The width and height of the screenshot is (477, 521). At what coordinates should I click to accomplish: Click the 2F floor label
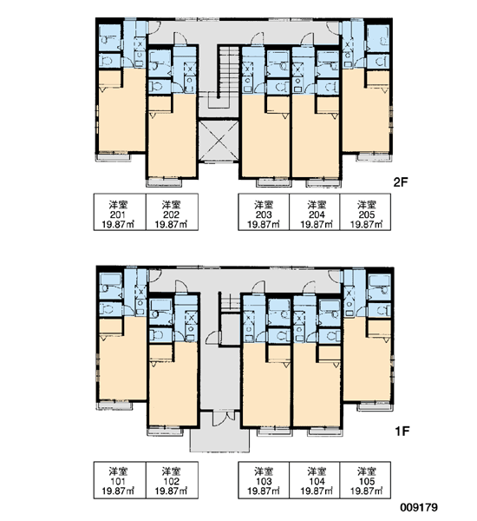(x=400, y=182)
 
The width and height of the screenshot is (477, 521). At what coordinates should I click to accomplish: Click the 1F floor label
(x=402, y=431)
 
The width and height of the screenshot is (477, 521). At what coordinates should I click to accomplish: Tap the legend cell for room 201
(x=120, y=212)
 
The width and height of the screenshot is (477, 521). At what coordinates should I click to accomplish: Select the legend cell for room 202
(x=172, y=212)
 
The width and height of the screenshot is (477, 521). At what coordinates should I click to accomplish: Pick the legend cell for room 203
(x=264, y=212)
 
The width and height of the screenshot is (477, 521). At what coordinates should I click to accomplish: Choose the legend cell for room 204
(x=315, y=212)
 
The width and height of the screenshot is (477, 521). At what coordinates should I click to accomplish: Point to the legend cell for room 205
(x=365, y=212)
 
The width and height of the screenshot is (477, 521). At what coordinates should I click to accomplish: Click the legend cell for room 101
(x=120, y=480)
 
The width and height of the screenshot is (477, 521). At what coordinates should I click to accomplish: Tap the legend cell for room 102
(x=172, y=480)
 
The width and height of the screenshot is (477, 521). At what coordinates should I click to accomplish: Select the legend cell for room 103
(x=264, y=480)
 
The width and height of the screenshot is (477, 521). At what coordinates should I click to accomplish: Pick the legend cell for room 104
(x=315, y=480)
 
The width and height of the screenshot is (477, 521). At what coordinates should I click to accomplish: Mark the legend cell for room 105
(x=365, y=480)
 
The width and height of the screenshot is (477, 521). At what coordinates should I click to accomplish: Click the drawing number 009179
(x=419, y=507)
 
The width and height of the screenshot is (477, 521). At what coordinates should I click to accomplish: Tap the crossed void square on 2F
(x=219, y=141)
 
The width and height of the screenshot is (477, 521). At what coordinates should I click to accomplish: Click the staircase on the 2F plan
(x=228, y=72)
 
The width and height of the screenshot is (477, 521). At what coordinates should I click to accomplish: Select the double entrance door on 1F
(x=223, y=419)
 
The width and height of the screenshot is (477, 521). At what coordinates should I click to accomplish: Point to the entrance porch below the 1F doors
(x=219, y=439)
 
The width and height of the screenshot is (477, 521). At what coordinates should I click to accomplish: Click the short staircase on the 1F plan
(x=230, y=302)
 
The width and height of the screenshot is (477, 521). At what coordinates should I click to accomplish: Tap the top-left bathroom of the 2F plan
(x=110, y=39)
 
